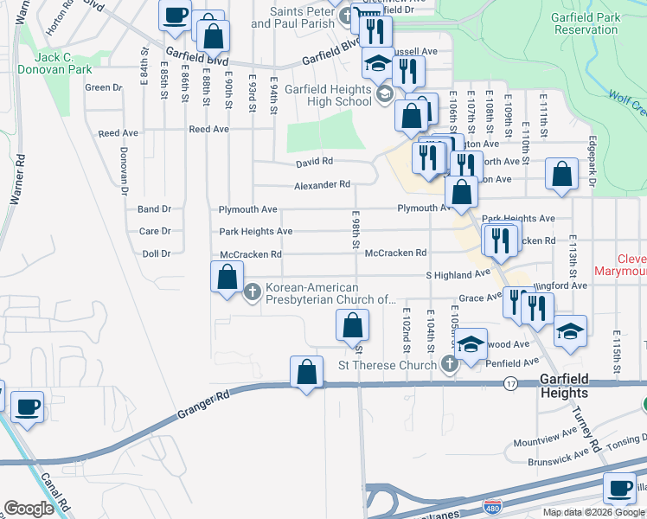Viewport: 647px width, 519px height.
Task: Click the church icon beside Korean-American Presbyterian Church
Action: click(x=253, y=292)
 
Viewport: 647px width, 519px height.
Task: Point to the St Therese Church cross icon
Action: click(x=449, y=365)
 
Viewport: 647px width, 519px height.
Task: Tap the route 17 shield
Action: click(x=511, y=382)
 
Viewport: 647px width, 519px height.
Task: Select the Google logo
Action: click(x=29, y=509)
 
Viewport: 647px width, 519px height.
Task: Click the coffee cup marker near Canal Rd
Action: click(x=27, y=407)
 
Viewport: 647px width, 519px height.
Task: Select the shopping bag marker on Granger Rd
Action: click(x=306, y=373)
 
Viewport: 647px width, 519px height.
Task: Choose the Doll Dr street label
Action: click(x=156, y=254)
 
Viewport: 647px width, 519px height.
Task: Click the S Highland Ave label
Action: click(x=458, y=274)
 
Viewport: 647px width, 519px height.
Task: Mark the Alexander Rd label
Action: click(x=322, y=184)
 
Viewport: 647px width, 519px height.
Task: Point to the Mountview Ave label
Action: click(x=557, y=441)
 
